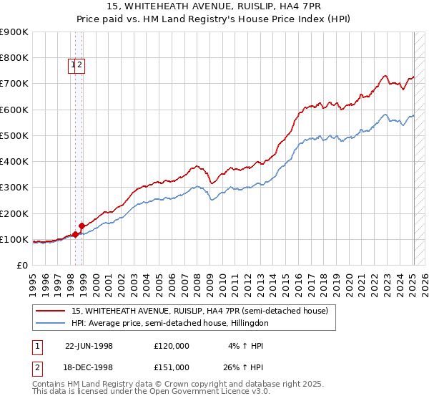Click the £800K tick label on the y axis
click(x=14, y=58)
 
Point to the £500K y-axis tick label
click(x=14, y=135)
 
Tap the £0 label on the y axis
click(x=23, y=265)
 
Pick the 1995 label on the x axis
click(x=32, y=279)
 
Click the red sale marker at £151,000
click(x=82, y=226)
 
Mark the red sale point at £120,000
click(x=75, y=234)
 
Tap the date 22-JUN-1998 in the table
click(x=89, y=346)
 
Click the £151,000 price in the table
click(x=172, y=367)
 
